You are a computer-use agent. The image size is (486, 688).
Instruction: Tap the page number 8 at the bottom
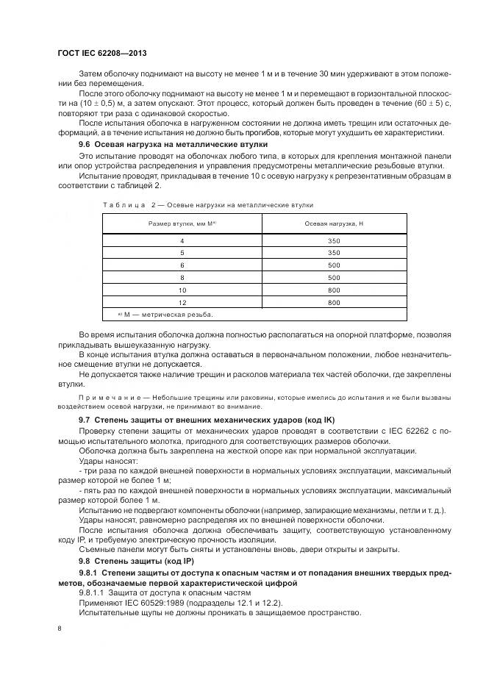[60, 628]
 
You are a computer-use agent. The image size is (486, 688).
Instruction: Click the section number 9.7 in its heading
[85, 418]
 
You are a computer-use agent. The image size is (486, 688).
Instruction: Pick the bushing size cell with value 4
[182, 240]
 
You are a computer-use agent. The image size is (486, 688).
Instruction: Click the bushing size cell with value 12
[182, 302]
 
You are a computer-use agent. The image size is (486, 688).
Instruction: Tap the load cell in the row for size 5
[333, 253]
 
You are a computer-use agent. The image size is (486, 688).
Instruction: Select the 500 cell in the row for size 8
[333, 278]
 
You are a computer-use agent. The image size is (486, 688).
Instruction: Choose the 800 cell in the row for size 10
[333, 290]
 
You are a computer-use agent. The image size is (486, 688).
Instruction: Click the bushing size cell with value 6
[182, 265]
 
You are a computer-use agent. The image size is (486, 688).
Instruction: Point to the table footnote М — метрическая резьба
[168, 315]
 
